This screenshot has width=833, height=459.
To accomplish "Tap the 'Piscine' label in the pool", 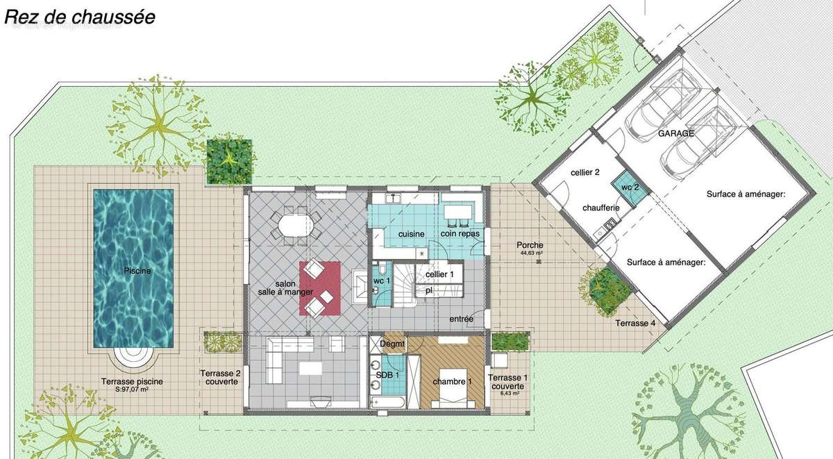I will tap(134, 271).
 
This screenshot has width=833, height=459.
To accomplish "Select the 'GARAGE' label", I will tap(677, 133).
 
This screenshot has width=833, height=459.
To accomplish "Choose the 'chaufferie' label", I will tap(601, 208).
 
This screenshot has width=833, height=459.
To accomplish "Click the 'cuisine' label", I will tap(412, 234).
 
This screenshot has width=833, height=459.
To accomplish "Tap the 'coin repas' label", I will tap(458, 234).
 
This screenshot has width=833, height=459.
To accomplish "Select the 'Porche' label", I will tap(530, 245).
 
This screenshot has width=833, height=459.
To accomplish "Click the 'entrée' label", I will tap(462, 319).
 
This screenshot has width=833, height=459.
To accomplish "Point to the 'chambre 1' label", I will tap(453, 381).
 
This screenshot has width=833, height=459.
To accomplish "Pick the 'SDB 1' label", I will tap(389, 375).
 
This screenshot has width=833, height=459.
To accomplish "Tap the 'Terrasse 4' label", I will tap(634, 323).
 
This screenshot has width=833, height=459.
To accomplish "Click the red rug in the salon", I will tap(320, 287).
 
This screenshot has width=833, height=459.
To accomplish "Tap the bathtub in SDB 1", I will tap(388, 401).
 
